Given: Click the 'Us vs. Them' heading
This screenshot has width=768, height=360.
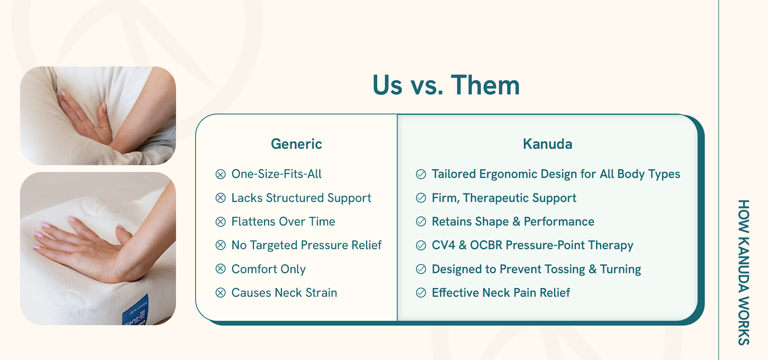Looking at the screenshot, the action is click(x=446, y=85).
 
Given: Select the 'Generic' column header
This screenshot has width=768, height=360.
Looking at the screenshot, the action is click(x=296, y=144).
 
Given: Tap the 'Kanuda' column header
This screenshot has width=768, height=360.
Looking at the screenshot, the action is click(x=548, y=144).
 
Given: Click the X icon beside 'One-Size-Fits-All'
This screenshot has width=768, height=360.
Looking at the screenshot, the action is click(x=220, y=174).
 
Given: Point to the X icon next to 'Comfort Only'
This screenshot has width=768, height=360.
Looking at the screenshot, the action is click(x=220, y=269).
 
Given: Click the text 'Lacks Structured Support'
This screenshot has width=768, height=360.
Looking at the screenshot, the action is click(x=301, y=198).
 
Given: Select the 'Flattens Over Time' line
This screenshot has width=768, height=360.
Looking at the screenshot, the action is click(x=283, y=222).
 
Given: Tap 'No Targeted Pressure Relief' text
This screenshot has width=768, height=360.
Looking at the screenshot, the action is click(x=306, y=245).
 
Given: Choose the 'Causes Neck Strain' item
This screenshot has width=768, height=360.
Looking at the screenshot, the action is click(x=284, y=293).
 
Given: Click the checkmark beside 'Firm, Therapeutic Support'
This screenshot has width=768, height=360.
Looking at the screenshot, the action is click(x=421, y=198).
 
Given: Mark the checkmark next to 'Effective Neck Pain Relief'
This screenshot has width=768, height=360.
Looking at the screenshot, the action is click(x=421, y=293).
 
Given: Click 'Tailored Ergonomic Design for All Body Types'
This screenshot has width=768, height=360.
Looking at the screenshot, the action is click(x=556, y=174).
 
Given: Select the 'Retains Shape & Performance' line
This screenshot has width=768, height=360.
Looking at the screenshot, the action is click(x=513, y=222).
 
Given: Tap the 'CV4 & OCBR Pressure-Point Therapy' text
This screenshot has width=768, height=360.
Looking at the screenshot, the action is click(x=532, y=245).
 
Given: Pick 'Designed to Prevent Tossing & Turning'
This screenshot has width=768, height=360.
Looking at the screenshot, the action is click(x=536, y=269).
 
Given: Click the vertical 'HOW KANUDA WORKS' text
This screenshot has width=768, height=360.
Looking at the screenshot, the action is click(x=744, y=272).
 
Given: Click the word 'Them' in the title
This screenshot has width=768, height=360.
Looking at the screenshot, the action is click(x=486, y=85).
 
